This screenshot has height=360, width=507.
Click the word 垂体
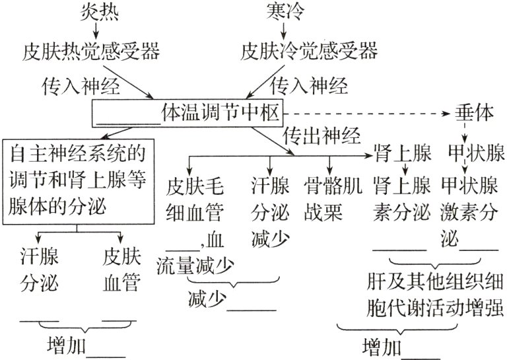pyautogui.click(x=473, y=113)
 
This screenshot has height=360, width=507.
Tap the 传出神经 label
pyautogui.click(x=321, y=137)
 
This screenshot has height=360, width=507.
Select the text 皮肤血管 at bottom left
pyautogui.click(x=121, y=269)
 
